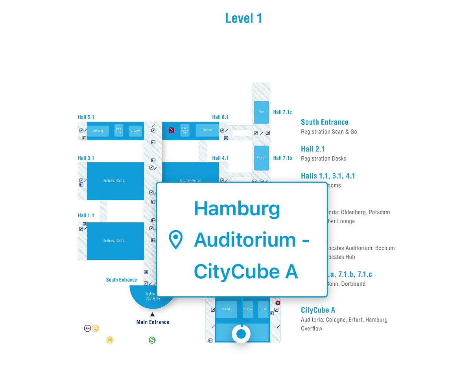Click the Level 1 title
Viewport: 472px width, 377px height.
point(243,18)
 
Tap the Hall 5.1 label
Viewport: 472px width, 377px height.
point(86,117)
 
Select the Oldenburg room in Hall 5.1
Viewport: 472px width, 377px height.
point(98,131)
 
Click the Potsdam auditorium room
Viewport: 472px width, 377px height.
point(135,131)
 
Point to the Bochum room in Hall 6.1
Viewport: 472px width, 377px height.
point(207,130)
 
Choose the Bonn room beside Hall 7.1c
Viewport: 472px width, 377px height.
point(261,113)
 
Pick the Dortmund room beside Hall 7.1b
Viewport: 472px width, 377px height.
point(261,158)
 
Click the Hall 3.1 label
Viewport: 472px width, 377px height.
point(86,158)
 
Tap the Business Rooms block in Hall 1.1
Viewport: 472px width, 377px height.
point(114,240)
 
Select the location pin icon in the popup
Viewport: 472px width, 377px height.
point(175,240)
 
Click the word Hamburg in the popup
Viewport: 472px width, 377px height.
point(237,209)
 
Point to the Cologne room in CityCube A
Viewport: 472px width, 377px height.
point(226,309)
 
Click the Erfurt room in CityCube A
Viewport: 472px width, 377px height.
point(263,309)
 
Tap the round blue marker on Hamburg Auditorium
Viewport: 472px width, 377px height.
point(241,334)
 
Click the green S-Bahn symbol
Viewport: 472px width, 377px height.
point(152,340)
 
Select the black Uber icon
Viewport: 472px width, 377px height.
point(88,328)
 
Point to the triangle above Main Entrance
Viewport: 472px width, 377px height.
point(152,314)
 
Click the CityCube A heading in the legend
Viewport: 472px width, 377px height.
point(318,310)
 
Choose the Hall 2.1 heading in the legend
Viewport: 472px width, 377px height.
point(313,149)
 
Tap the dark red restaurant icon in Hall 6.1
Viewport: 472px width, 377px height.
point(171,130)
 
